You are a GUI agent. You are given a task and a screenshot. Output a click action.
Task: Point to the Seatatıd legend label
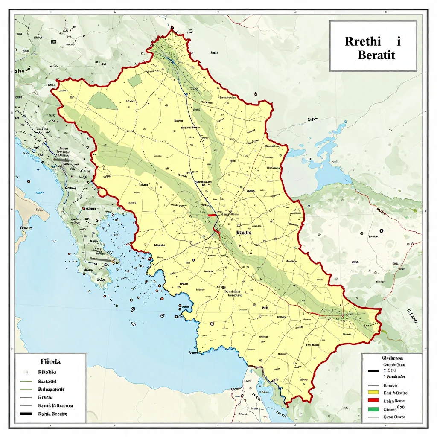(x=48, y=381)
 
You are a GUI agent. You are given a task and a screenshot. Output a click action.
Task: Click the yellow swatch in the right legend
(x=373, y=392)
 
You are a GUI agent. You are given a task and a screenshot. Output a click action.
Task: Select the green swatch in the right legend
(x=373, y=409)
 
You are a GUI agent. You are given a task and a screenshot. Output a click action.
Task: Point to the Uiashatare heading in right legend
(x=391, y=359)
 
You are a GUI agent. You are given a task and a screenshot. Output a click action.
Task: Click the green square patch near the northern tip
(x=135, y=80)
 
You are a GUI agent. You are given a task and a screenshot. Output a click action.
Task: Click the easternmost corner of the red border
(x=381, y=309)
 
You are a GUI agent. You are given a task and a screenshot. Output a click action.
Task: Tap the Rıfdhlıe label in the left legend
(x=47, y=372)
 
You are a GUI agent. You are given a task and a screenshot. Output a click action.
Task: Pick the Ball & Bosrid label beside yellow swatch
(x=396, y=393)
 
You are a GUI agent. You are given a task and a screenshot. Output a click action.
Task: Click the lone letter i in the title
(x=398, y=42)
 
